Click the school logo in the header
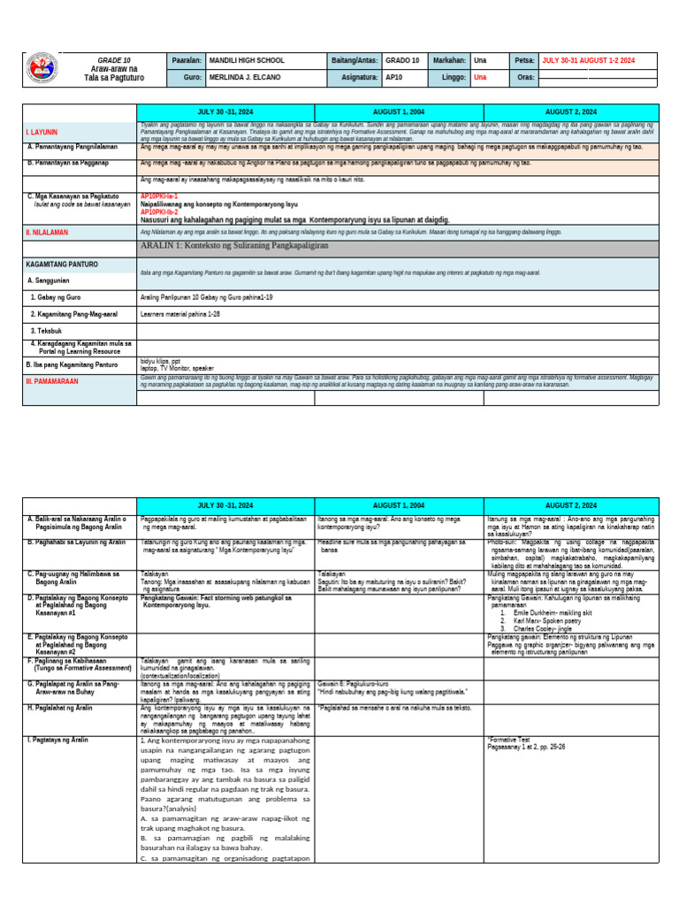tap(41, 68)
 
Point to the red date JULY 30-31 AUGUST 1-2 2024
tap(588, 60)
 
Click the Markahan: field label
tap(449, 60)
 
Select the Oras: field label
tap(525, 77)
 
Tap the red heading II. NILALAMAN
tap(49, 232)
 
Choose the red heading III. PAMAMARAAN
tap(53, 380)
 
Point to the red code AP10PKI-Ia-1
tap(159, 196)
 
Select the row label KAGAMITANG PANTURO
tap(62, 264)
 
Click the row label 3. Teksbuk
tap(49, 330)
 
